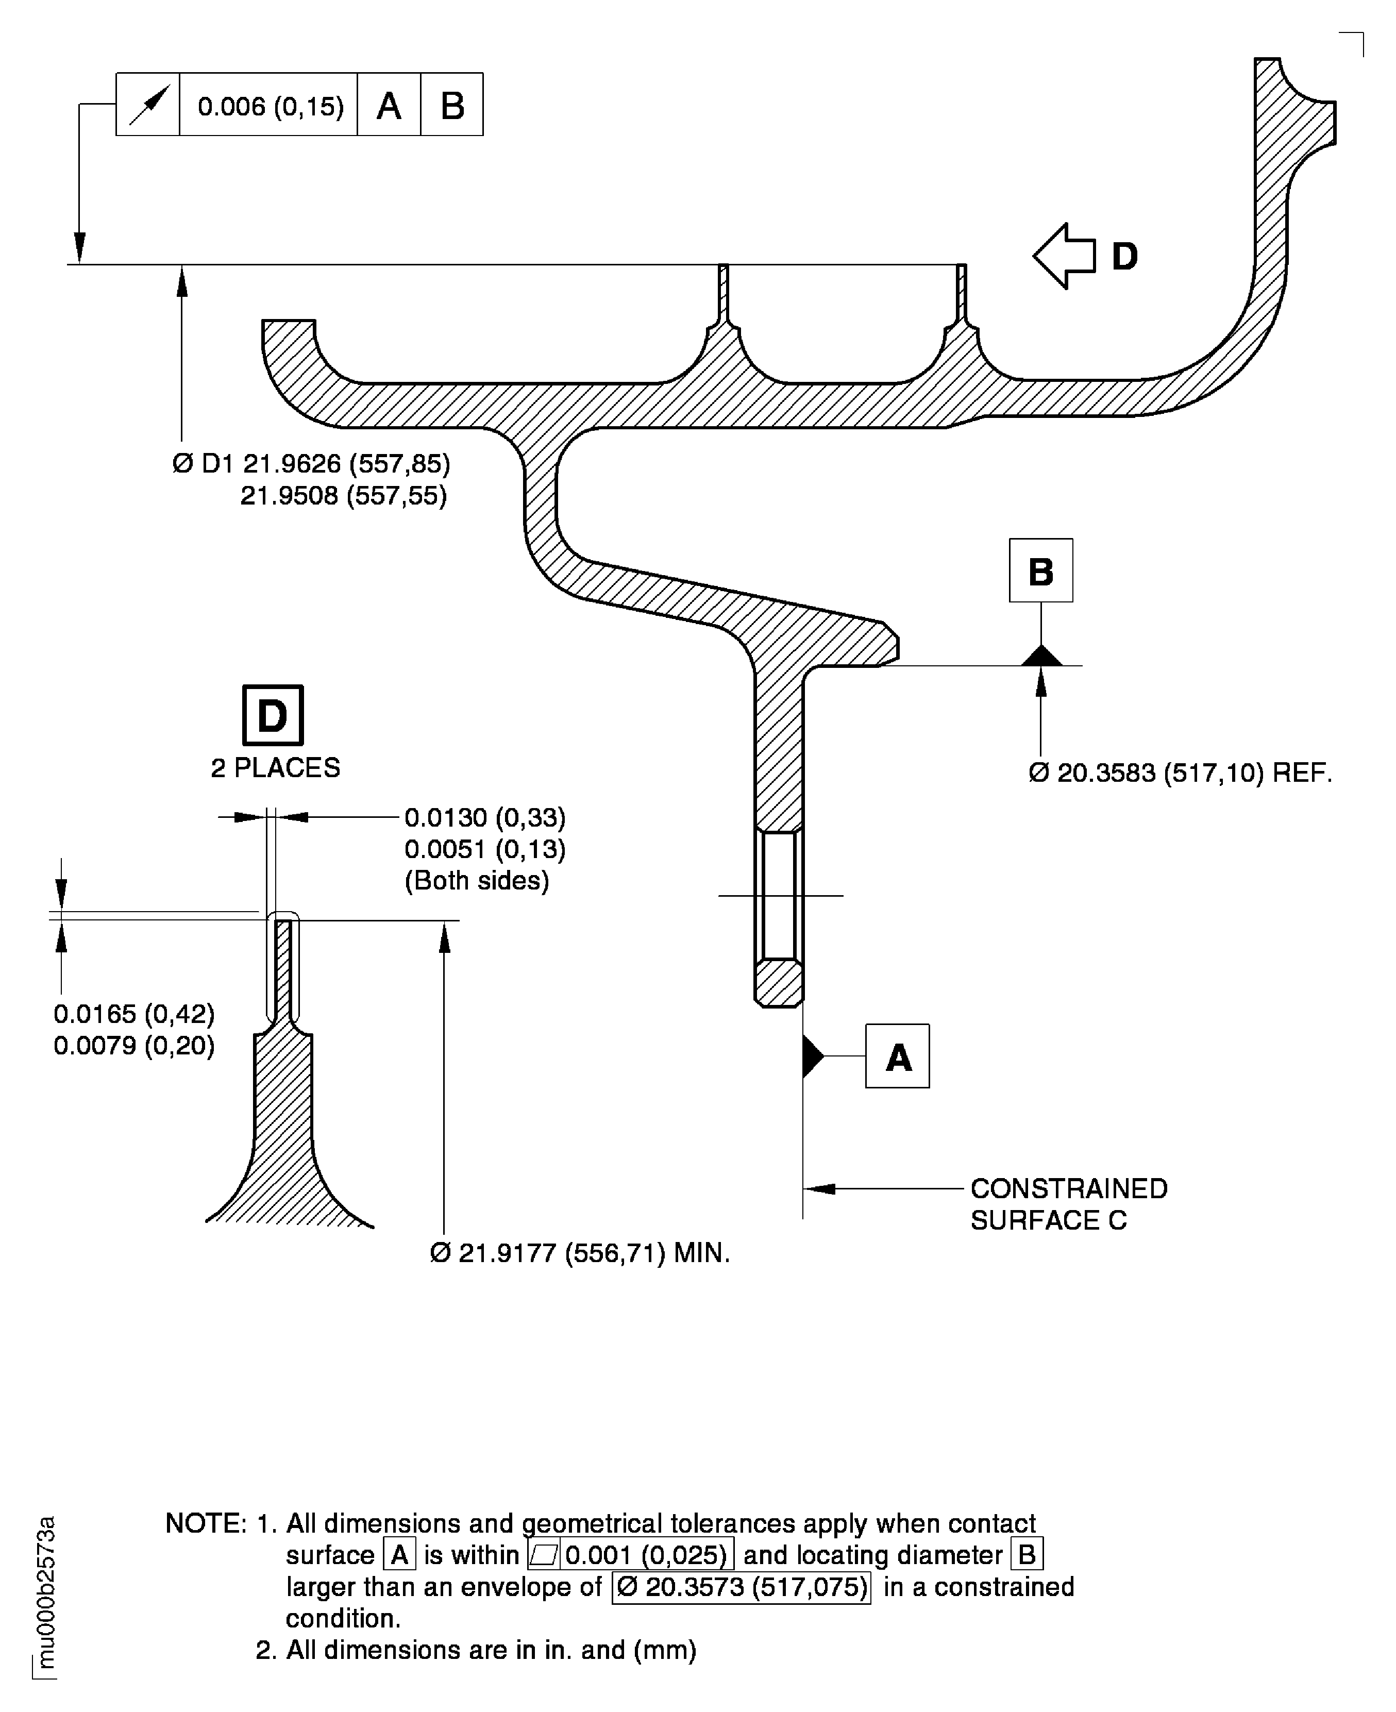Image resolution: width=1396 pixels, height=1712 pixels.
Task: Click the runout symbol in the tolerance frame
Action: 148,105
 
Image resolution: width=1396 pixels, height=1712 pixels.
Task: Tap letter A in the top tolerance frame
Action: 389,105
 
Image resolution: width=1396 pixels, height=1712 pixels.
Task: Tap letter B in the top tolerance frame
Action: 452,105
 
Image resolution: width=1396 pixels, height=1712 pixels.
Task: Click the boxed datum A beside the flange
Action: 898,1056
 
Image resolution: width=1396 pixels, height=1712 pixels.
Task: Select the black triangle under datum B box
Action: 1041,656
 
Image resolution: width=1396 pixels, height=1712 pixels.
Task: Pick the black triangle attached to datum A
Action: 812,1056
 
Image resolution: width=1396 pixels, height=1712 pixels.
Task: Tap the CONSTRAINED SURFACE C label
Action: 1068,1204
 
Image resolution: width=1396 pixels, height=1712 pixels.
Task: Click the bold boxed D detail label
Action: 273,715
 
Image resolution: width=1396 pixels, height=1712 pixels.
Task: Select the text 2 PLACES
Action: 275,768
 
